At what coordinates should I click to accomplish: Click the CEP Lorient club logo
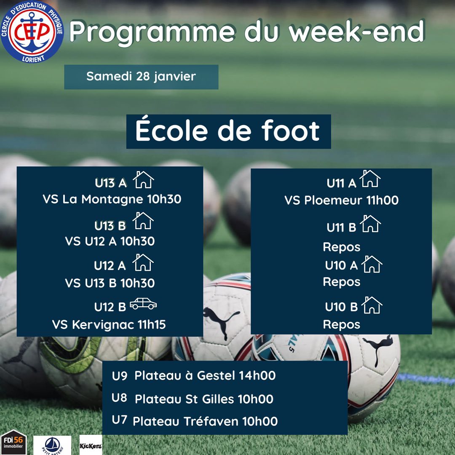pyautogui.click(x=32, y=32)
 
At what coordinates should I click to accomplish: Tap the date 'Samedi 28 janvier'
pyautogui.click(x=141, y=77)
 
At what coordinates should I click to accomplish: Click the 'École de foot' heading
pyautogui.click(x=228, y=131)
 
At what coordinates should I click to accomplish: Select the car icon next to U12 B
pyautogui.click(x=143, y=303)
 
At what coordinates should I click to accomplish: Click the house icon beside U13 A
pyautogui.click(x=143, y=179)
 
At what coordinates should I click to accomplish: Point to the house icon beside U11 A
pyautogui.click(x=370, y=179)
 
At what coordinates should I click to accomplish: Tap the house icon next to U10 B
pyautogui.click(x=372, y=305)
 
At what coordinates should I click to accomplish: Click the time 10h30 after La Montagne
pyautogui.click(x=164, y=199)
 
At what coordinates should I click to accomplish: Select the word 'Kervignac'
pyautogui.click(x=103, y=325)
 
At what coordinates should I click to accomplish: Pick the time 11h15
pyautogui.click(x=152, y=324)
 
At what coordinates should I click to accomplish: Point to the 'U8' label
pyautogui.click(x=119, y=398)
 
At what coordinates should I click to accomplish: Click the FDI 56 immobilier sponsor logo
pyautogui.click(x=13, y=442)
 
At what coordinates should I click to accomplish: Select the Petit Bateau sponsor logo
pyautogui.click(x=52, y=445)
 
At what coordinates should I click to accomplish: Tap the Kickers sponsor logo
pyautogui.click(x=91, y=445)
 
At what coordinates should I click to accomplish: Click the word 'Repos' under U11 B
pyautogui.click(x=342, y=247)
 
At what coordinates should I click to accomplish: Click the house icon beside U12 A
pyautogui.click(x=143, y=262)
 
